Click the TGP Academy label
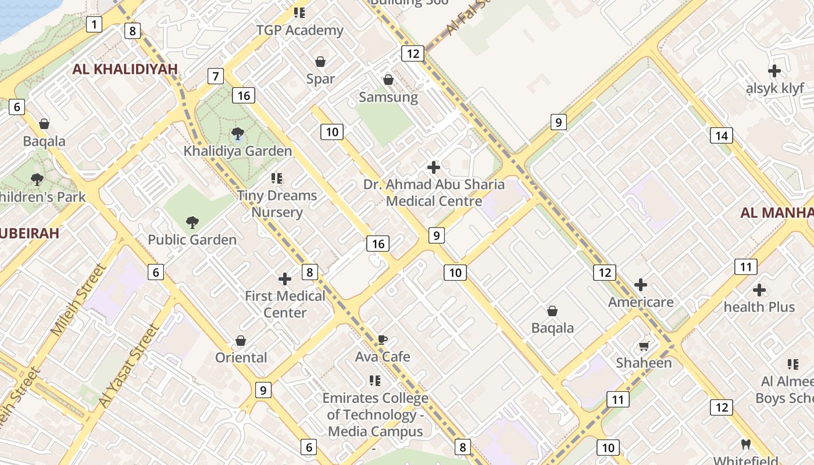coord(299,30)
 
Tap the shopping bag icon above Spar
coord(320,62)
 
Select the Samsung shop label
coord(388,97)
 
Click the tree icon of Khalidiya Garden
coord(237,134)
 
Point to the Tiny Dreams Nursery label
coord(277,203)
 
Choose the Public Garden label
coord(192,239)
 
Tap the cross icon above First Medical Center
coord(285,279)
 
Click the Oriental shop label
coord(241,357)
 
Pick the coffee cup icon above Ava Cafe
coord(382,340)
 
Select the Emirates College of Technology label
coord(376,414)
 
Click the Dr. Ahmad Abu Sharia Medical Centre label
coord(434,193)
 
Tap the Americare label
coord(641,302)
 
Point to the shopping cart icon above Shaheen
coord(644,346)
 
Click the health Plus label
coord(759,307)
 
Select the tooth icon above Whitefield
coord(747,445)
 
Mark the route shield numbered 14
coord(721,136)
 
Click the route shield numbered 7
coord(216,76)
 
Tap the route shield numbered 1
coord(94,24)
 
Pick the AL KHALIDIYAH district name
coord(125,69)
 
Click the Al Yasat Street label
coord(129,366)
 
